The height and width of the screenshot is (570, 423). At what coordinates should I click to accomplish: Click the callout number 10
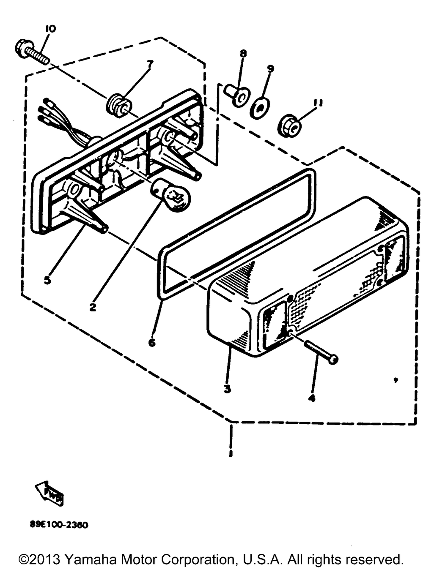[50, 29]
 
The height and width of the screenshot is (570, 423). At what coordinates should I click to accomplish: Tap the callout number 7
[150, 64]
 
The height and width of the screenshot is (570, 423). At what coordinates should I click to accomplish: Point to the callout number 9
[270, 68]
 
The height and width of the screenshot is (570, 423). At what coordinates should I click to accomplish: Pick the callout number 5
[47, 279]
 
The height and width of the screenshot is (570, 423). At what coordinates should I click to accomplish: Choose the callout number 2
[93, 307]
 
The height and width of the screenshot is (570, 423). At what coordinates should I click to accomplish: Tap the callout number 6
[152, 342]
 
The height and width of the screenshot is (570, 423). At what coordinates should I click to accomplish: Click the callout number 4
[312, 398]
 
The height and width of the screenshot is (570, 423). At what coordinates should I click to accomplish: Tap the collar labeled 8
[236, 95]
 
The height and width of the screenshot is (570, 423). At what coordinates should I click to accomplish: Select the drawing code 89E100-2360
[59, 525]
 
